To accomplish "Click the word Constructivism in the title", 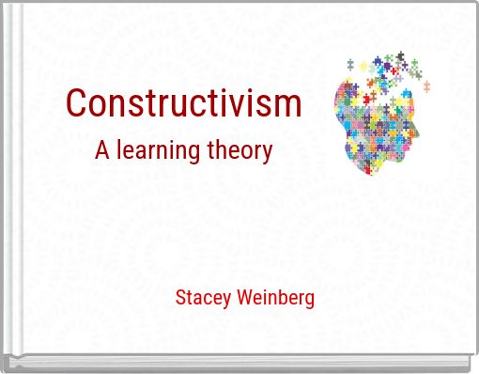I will click(x=184, y=103).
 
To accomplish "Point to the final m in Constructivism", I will click(x=290, y=105).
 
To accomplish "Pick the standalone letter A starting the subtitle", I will click(x=102, y=149).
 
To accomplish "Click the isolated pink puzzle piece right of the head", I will click(x=426, y=86).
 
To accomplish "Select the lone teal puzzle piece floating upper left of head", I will click(x=350, y=64).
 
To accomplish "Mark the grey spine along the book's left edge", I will click(x=8, y=188).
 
